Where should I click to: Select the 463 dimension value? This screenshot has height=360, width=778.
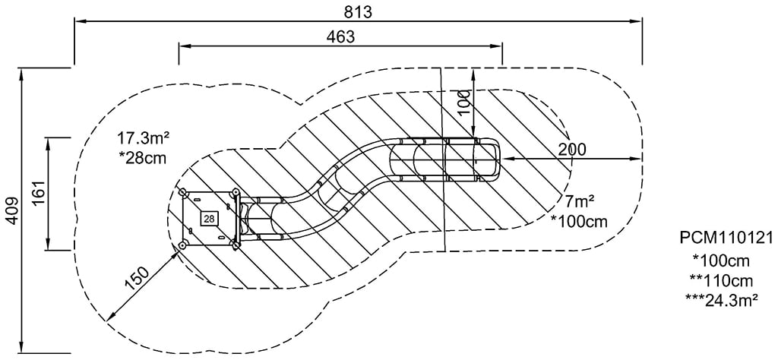(x=340, y=36)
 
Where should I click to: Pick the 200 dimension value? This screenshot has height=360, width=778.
(x=571, y=149)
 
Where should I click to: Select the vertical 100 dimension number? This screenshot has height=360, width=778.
(x=464, y=102)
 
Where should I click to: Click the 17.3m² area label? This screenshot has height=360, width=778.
(x=143, y=138)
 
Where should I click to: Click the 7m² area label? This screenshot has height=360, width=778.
(x=579, y=202)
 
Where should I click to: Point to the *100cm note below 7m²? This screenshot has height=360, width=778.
(x=579, y=221)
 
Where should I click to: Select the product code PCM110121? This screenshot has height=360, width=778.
(x=726, y=239)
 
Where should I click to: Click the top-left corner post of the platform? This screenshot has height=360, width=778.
(x=182, y=193)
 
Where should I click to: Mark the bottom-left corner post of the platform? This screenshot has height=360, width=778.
(x=182, y=245)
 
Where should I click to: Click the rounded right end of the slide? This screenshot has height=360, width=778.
(x=495, y=159)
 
